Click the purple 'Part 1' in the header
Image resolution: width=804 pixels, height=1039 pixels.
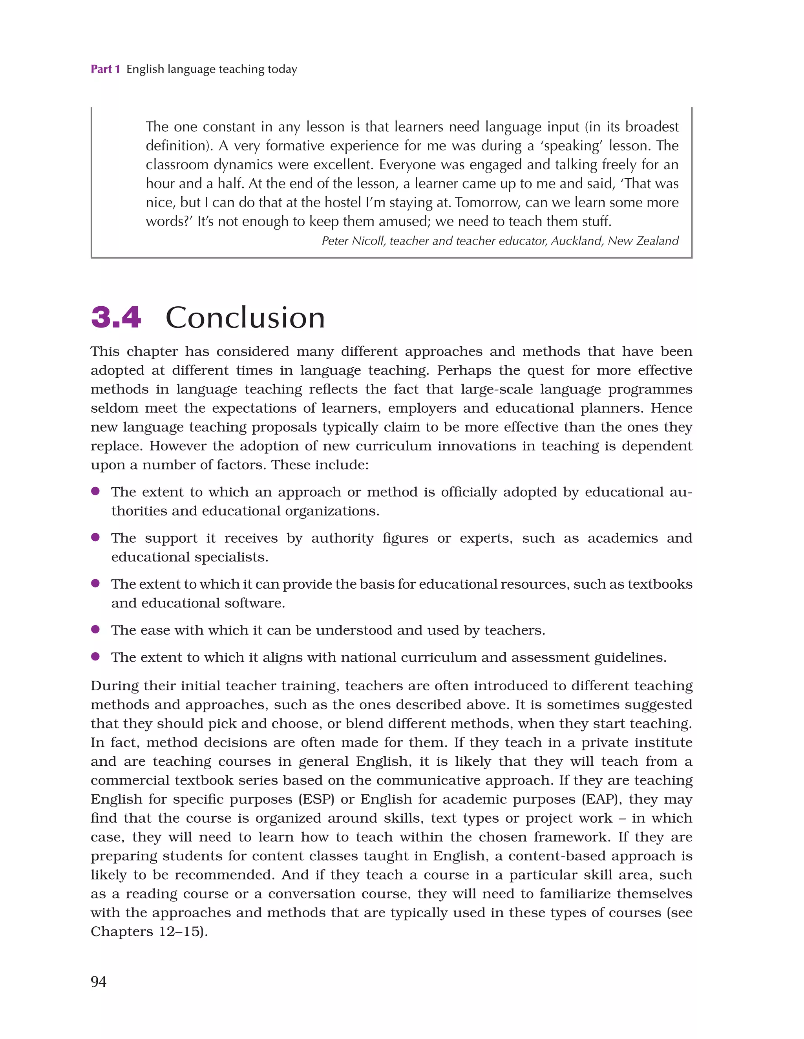tap(105, 70)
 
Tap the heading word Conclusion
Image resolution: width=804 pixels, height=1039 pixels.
tap(245, 318)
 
